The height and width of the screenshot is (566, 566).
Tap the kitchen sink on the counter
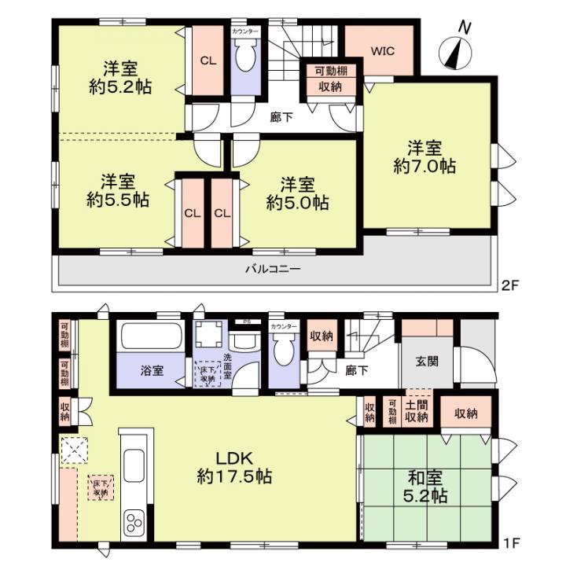[134, 465]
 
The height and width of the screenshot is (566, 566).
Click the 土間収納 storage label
[416, 410]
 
